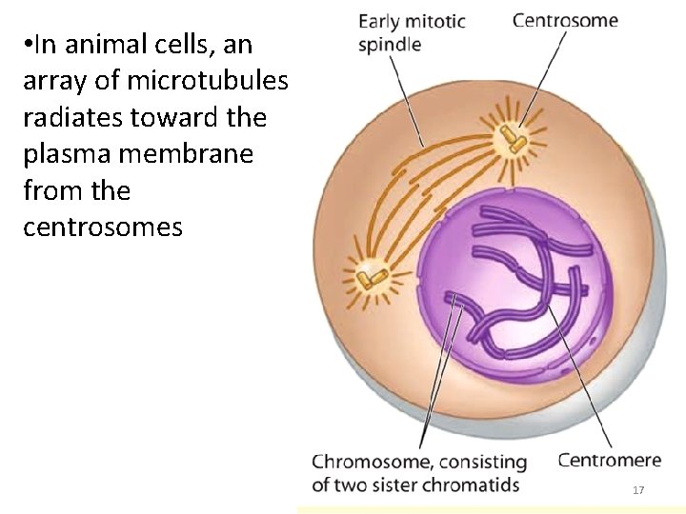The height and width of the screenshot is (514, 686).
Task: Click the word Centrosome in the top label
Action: [x=565, y=19]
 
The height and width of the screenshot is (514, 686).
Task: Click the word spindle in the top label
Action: [x=390, y=45]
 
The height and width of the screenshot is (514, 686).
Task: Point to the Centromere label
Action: [x=610, y=461]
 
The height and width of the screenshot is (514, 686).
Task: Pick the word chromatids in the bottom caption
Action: [x=473, y=484]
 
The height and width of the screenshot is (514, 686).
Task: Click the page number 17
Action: [x=638, y=490]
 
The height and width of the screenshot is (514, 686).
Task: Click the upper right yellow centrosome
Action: [x=515, y=142]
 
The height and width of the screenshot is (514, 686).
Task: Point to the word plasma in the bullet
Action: [x=59, y=155]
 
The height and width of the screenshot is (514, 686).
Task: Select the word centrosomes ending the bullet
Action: [x=103, y=227]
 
